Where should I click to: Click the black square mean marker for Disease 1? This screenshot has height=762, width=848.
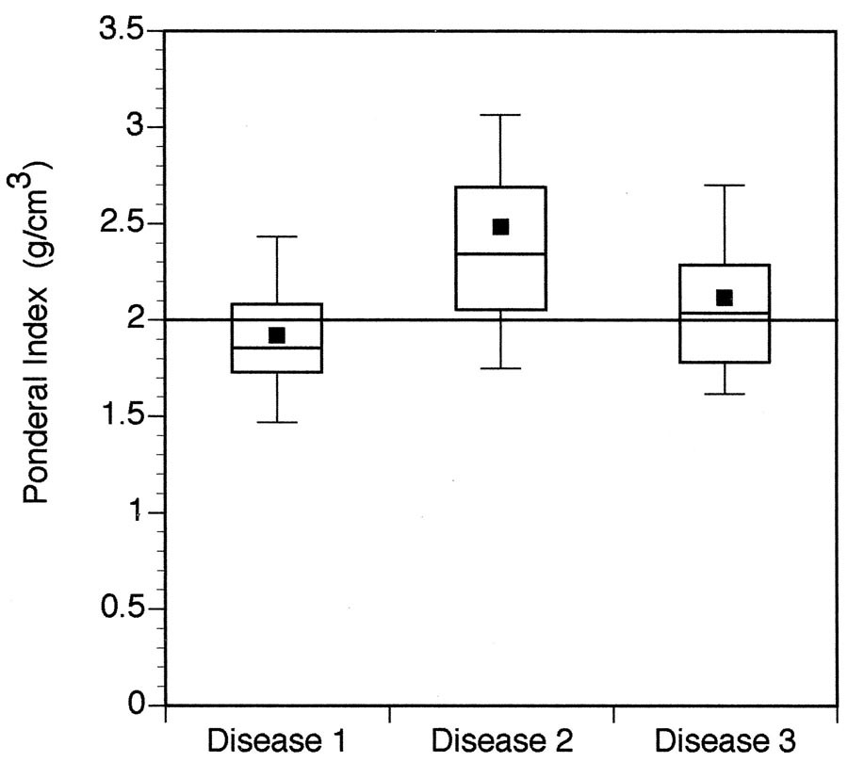pyautogui.click(x=277, y=335)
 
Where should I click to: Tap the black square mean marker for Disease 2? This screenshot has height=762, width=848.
pyautogui.click(x=501, y=226)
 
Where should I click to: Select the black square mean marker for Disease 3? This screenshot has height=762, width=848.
pyautogui.click(x=724, y=298)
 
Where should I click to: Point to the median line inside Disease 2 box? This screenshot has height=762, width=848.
pyautogui.click(x=501, y=253)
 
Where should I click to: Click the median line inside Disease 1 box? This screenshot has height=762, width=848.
pyautogui.click(x=277, y=348)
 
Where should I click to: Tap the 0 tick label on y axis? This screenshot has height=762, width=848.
pyautogui.click(x=139, y=705)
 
